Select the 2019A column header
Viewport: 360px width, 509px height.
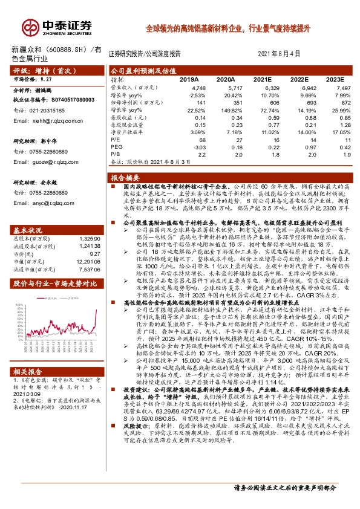(189, 80)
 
